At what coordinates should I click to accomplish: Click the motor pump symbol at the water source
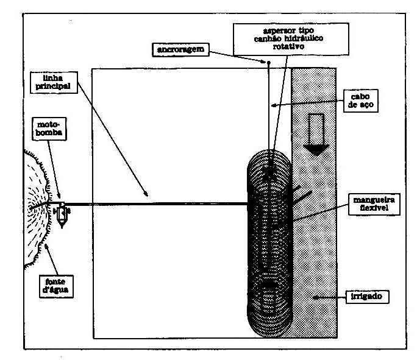62,213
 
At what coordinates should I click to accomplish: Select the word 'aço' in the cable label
369,105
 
